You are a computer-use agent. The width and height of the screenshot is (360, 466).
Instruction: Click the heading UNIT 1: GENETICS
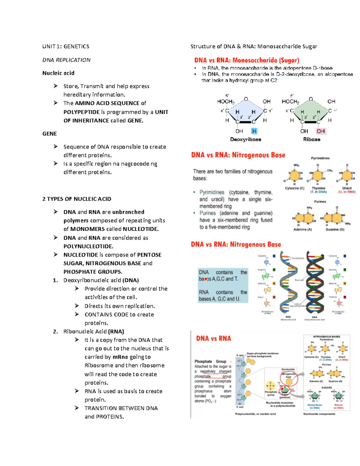click(66, 47)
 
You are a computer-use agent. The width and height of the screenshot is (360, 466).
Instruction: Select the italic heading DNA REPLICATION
click(66, 60)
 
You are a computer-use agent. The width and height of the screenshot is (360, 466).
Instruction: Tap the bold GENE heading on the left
click(49, 134)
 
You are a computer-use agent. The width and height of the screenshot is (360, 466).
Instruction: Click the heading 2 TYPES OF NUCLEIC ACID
click(77, 199)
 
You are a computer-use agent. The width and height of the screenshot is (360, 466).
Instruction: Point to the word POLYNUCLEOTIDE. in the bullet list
click(88, 246)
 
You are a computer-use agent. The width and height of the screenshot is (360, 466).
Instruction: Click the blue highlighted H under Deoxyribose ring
click(254, 131)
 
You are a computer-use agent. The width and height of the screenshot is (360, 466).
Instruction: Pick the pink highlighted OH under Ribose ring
click(320, 131)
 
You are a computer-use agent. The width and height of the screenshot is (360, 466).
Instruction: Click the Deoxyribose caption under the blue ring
click(245, 140)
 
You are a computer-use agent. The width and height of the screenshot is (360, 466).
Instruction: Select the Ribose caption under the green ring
click(311, 140)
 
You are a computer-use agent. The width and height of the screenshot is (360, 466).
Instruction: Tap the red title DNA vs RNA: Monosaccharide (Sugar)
click(247, 60)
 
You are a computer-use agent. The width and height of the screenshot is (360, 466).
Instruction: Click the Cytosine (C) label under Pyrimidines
click(294, 188)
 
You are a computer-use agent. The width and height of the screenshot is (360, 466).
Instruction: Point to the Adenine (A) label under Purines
click(302, 230)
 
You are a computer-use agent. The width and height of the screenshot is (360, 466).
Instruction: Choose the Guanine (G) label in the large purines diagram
click(335, 230)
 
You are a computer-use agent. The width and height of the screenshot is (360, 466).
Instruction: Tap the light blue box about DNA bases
click(223, 285)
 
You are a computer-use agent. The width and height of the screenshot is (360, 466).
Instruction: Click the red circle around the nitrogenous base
click(289, 379)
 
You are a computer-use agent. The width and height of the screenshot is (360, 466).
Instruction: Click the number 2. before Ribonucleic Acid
click(55, 332)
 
